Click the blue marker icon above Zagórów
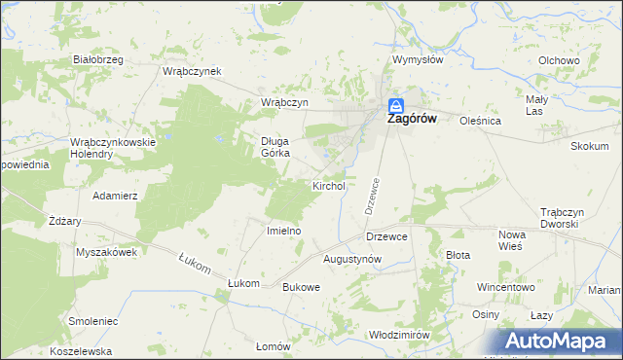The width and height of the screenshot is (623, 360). (x=396, y=104)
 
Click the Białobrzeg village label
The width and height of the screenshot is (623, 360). (x=98, y=59)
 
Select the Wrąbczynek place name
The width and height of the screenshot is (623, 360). (x=193, y=71)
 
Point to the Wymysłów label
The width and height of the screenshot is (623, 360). (x=418, y=59)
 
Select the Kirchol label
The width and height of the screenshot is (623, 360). (x=328, y=186)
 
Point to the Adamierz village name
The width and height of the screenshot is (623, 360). (x=115, y=196)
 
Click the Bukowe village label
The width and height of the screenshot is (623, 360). (x=301, y=288)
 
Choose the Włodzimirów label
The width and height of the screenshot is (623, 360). (x=399, y=334)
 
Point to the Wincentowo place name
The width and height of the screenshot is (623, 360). (x=506, y=288)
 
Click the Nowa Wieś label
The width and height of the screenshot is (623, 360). (x=512, y=240)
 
